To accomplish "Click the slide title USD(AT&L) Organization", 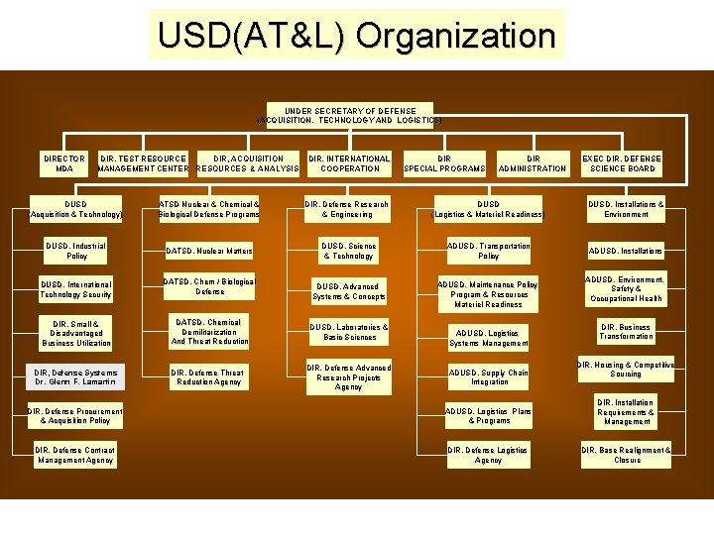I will tap(356, 37).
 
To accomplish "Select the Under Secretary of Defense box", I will tap(350, 115).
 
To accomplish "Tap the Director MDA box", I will tap(64, 163).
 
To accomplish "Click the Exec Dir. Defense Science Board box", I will tap(621, 163).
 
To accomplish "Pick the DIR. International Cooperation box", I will tap(349, 163).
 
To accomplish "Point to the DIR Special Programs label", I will tap(444, 163).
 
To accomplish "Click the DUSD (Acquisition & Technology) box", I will tap(76, 209).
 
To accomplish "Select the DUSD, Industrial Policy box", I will tap(76, 251).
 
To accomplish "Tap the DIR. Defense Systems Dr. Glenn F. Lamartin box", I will tap(76, 376).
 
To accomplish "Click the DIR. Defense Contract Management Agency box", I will tap(76, 455).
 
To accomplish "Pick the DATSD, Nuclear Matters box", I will tap(208, 252).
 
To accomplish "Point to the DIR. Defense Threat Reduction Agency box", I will tap(208, 376).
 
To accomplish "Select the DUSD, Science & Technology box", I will tap(348, 251).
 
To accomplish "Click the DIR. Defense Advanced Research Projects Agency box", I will tap(348, 377).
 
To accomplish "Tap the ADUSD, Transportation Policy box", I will tap(489, 251).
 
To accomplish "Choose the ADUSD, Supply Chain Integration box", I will tap(489, 376).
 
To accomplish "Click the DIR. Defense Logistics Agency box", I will tap(489, 455).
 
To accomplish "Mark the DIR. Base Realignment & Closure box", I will tap(626, 455).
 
